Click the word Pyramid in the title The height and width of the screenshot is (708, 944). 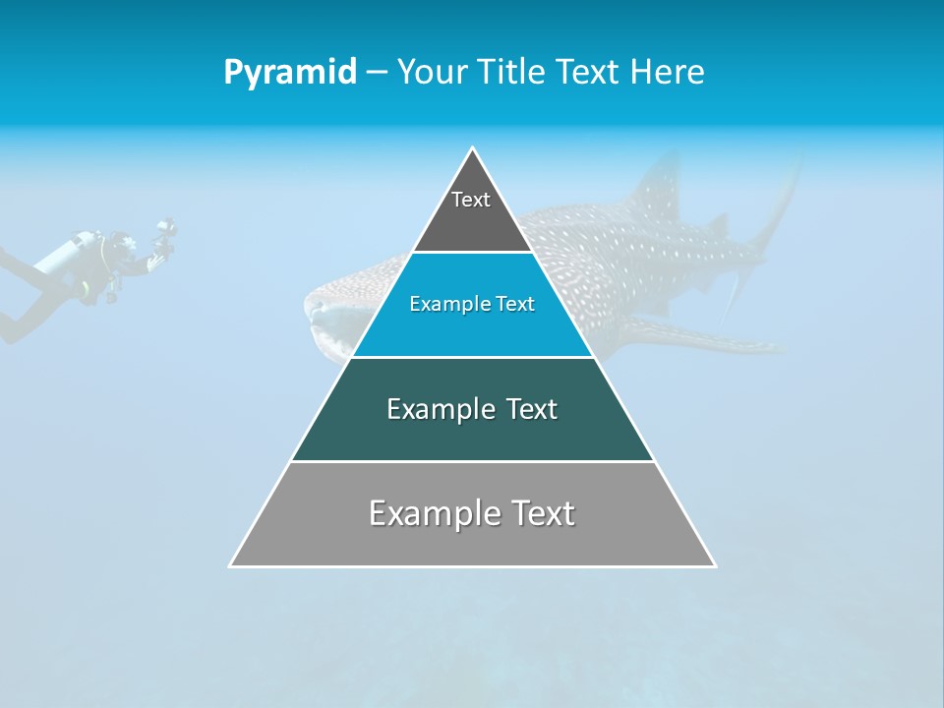pos(289,73)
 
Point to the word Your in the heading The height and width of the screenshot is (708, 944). pos(432,72)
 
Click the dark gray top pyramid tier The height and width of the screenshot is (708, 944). pos(472,211)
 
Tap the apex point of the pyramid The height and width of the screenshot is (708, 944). pos(472,148)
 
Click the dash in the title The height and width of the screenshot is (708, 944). pos(377,73)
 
